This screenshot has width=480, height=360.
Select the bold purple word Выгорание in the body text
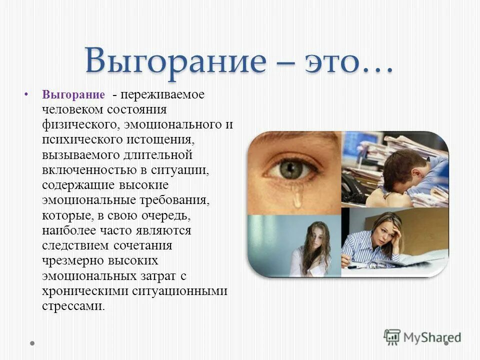73,95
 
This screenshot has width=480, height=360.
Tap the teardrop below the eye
297,197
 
